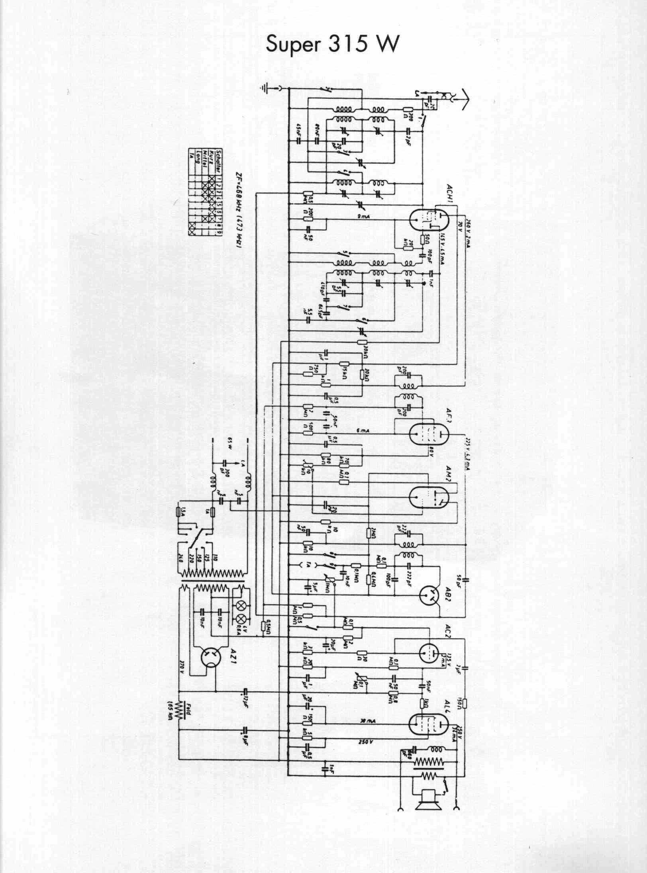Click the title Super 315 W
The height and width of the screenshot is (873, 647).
[x=331, y=45]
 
